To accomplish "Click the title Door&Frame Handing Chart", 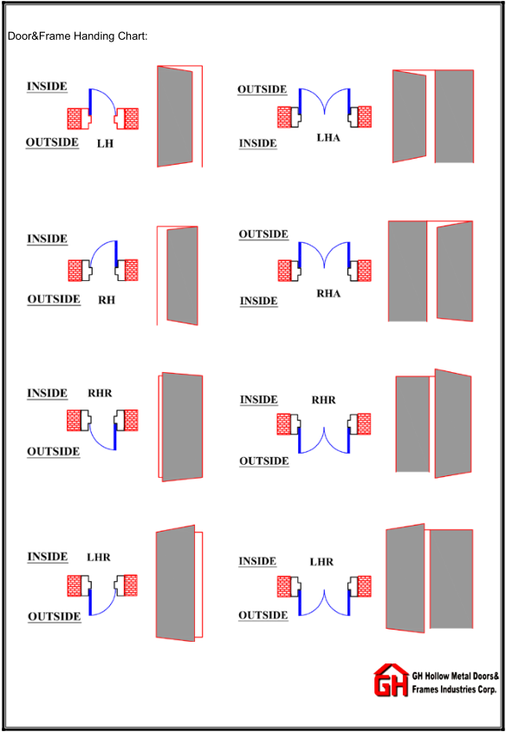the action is pyautogui.click(x=78, y=36).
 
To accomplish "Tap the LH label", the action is pyautogui.click(x=106, y=144).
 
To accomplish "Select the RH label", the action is pyautogui.click(x=107, y=300).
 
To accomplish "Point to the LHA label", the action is pyautogui.click(x=328, y=138).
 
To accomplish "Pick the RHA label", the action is pyautogui.click(x=328, y=294).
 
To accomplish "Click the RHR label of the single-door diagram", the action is pyautogui.click(x=101, y=393).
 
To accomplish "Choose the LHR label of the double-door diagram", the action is pyautogui.click(x=321, y=562).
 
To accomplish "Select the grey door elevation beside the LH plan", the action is pyautogui.click(x=175, y=116).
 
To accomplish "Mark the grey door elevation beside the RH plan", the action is pyautogui.click(x=182, y=276).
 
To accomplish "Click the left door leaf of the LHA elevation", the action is pyautogui.click(x=410, y=116).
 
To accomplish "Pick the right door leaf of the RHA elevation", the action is pyautogui.click(x=455, y=271).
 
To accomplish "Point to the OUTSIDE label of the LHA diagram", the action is pyautogui.click(x=262, y=89).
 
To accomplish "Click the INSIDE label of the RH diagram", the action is pyautogui.click(x=47, y=239).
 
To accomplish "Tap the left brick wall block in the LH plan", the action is pyautogui.click(x=75, y=119).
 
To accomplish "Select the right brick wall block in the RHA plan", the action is pyautogui.click(x=364, y=271).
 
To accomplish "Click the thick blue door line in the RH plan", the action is pyautogui.click(x=116, y=253).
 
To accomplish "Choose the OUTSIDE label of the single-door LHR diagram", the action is pyautogui.click(x=54, y=617).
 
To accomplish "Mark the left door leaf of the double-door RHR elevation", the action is pyautogui.click(x=412, y=424).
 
